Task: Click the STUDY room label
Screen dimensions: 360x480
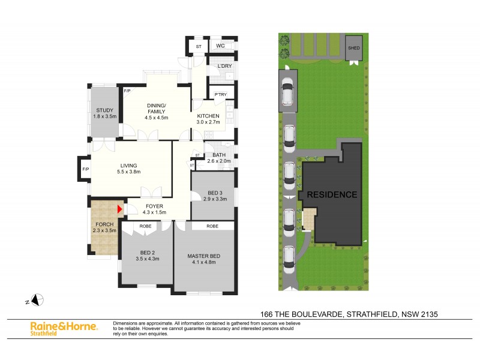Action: tap(105, 109)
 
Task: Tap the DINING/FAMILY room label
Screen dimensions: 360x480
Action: tap(157, 109)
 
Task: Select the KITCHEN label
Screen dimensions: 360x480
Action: tap(208, 116)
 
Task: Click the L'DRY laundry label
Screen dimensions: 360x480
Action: tap(224, 66)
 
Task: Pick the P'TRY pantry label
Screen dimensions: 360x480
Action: tap(215, 95)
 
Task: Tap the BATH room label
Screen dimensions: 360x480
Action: tap(218, 155)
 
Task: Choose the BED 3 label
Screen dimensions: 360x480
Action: tap(214, 192)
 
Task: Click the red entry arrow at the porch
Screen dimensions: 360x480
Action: tap(119, 209)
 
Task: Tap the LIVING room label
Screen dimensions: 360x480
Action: tap(129, 166)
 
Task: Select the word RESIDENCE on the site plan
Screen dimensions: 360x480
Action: tap(332, 194)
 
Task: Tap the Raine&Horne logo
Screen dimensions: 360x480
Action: tap(64, 326)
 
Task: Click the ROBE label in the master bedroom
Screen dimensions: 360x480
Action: tap(212, 227)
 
